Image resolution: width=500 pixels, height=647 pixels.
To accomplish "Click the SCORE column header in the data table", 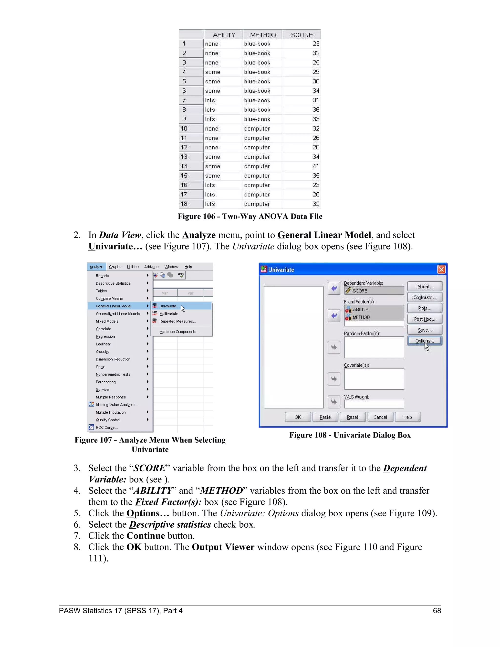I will pyautogui.click(x=302, y=35).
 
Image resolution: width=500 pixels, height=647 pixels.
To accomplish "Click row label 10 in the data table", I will pyautogui.click(x=184, y=129).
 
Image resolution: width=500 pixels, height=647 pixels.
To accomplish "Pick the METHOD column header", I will pyautogui.click(x=263, y=35).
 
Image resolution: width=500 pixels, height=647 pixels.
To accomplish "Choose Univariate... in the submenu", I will pyautogui.click(x=169, y=306).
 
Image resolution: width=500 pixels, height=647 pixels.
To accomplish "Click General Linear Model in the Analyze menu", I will pyautogui.click(x=114, y=306).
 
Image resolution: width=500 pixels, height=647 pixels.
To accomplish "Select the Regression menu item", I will pyautogui.click(x=105, y=336).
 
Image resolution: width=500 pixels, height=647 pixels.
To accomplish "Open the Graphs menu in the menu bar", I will pyautogui.click(x=115, y=267).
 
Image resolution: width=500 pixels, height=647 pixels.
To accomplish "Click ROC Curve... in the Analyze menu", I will pyautogui.click(x=107, y=428).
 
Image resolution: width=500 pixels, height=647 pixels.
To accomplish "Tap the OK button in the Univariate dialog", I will pyautogui.click(x=298, y=417).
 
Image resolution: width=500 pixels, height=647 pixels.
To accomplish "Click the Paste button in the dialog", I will pyautogui.click(x=325, y=417).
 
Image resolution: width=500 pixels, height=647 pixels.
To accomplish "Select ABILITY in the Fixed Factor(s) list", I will pyautogui.click(x=361, y=310).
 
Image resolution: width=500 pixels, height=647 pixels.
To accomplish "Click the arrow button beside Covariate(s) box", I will pyautogui.click(x=334, y=379).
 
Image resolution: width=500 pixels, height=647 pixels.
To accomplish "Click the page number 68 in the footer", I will pyautogui.click(x=437, y=611).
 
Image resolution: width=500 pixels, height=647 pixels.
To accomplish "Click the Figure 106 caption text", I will pyautogui.click(x=250, y=216).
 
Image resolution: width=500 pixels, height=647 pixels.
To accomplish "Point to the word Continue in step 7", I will pyautogui.click(x=146, y=536).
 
